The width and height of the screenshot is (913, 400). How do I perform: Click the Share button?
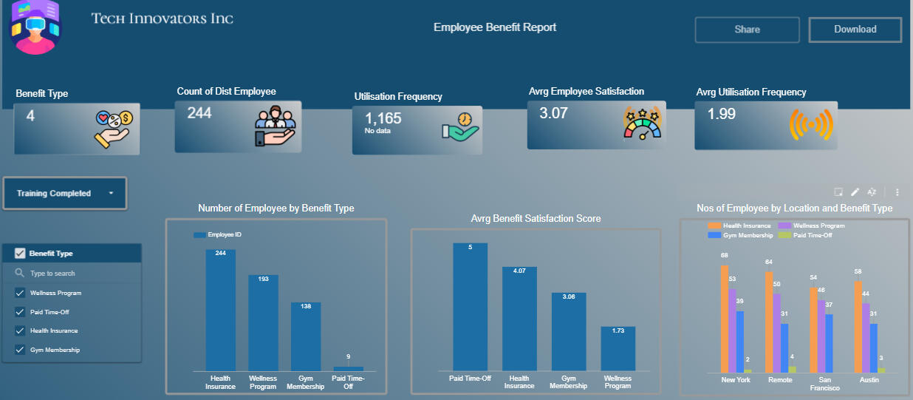747,30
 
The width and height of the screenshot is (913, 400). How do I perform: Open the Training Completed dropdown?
64,193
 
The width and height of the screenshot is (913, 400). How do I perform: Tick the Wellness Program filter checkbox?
20,293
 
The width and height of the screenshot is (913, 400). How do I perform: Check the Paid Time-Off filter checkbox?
20,312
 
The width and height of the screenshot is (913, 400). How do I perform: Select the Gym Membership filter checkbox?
20,350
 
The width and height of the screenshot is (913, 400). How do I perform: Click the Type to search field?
74,274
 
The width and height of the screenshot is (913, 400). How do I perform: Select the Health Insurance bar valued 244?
220,311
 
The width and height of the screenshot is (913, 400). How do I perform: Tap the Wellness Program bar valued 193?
263,322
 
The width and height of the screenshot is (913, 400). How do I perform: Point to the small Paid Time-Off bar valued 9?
348,367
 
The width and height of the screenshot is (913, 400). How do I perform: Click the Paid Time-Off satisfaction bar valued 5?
470,307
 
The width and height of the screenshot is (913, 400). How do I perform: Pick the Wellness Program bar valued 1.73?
618,348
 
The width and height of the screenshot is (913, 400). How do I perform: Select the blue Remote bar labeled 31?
784,348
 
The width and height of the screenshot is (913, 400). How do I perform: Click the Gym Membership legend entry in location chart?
742,235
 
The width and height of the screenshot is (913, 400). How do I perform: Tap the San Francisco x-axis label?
824,384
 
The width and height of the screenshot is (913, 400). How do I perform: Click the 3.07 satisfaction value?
553,113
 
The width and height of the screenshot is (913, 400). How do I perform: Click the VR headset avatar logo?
34,27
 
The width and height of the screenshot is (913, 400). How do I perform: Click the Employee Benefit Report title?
494,27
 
